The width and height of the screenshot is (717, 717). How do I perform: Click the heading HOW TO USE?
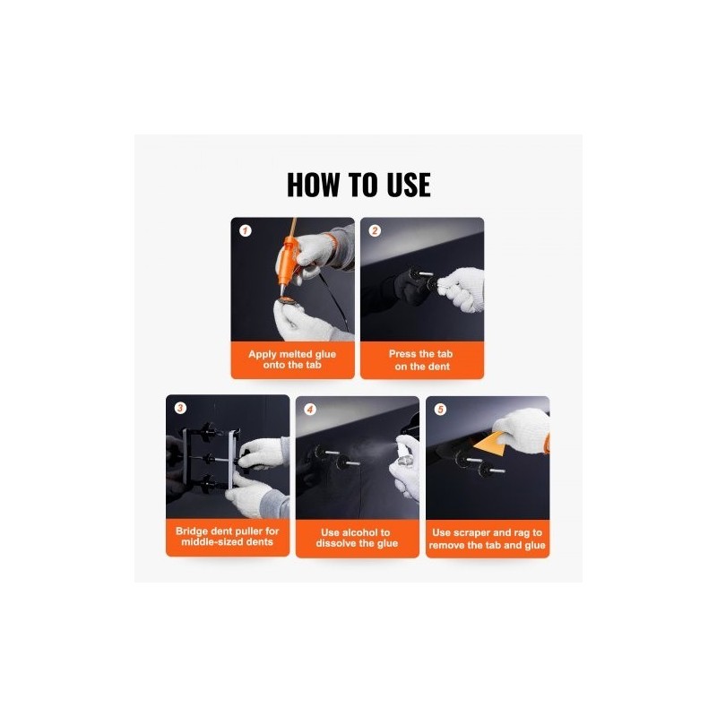[x=358, y=185]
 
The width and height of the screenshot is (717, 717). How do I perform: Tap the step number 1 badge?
[x=246, y=230]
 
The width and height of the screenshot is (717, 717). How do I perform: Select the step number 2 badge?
[x=375, y=230]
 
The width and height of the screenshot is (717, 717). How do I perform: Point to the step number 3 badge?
[x=181, y=408]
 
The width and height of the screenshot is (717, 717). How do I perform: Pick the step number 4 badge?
[x=310, y=410]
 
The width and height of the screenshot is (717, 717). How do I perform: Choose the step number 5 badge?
[x=440, y=410]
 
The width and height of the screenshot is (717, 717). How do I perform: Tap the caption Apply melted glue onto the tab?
[x=292, y=359]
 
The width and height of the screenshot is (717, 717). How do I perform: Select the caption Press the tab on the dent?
[x=421, y=360]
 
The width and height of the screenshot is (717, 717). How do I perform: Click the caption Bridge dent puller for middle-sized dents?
[x=228, y=536]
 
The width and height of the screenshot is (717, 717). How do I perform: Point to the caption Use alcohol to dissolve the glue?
[x=357, y=538]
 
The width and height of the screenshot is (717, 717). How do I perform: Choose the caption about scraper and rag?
[x=487, y=539]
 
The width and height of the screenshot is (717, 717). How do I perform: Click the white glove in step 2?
[x=462, y=289]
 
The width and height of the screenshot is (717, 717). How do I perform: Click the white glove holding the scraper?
[x=524, y=430]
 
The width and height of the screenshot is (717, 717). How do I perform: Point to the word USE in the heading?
[x=409, y=185]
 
